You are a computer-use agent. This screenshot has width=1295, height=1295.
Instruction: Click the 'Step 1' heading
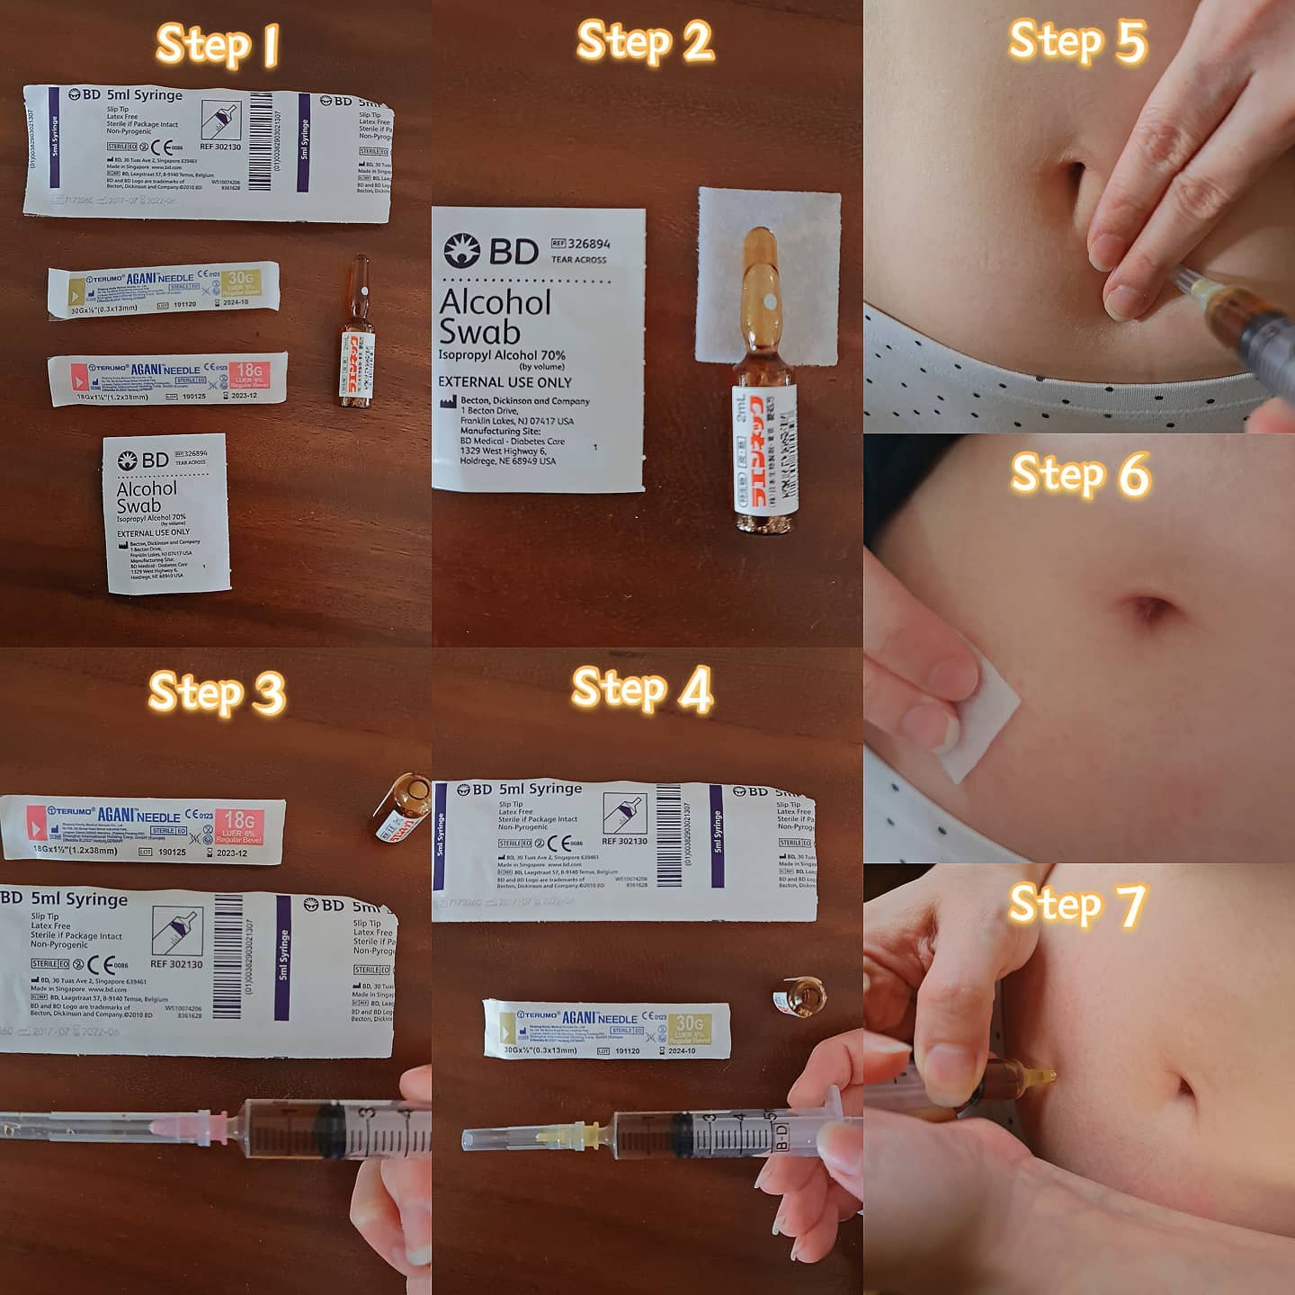pos(217,45)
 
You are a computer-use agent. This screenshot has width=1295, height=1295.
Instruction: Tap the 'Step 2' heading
pos(645,42)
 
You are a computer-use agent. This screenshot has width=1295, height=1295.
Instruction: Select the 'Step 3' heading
pos(217,692)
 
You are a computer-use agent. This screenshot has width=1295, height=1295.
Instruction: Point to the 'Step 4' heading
pos(642,690)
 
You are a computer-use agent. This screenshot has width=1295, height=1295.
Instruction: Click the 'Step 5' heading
pos(1077,41)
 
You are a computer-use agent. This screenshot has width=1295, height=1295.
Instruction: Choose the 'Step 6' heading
pos(1080,474)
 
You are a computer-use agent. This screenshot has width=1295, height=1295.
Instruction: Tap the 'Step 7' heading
pos(1077,904)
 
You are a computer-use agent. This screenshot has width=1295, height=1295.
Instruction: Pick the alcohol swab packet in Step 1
pos(167,514)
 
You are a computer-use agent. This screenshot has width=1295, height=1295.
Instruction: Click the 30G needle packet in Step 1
pos(163,289)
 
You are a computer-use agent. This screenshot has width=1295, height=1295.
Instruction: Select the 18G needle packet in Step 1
pos(167,379)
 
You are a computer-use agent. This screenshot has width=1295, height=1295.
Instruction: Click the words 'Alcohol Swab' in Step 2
pos(494,317)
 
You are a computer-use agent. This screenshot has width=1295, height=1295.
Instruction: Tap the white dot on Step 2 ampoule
pos(770,299)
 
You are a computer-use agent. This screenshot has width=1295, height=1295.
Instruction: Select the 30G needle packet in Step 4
pos(606,1029)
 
